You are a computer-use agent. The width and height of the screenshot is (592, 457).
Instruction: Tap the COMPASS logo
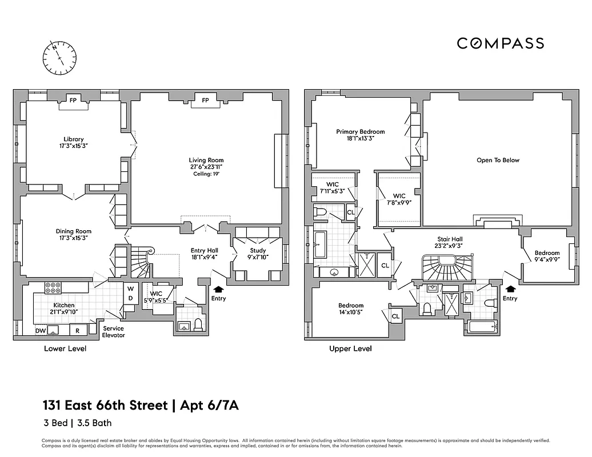[x=500, y=43]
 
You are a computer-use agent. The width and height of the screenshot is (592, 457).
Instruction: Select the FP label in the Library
[x=73, y=100]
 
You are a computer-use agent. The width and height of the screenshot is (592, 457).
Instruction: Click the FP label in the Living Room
[x=205, y=101]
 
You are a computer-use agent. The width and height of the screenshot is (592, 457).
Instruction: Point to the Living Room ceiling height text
[x=207, y=174]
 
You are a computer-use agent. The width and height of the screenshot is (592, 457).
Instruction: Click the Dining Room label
[x=74, y=235]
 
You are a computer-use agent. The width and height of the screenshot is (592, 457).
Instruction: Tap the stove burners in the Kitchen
[x=53, y=287]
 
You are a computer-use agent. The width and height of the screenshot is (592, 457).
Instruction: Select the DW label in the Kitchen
[x=41, y=331]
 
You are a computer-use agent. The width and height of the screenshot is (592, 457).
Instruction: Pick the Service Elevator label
[x=113, y=332]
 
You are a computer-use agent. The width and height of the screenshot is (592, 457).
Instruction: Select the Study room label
[x=258, y=254]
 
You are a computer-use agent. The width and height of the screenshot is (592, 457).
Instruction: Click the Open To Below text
[x=498, y=161]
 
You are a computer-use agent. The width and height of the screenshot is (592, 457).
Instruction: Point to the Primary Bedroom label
[x=360, y=135]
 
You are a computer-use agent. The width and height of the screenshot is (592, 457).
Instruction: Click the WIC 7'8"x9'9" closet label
[x=399, y=199]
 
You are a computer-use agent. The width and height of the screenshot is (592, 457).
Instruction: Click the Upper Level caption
[x=350, y=348]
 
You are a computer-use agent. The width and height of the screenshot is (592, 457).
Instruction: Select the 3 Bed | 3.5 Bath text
[x=77, y=423]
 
